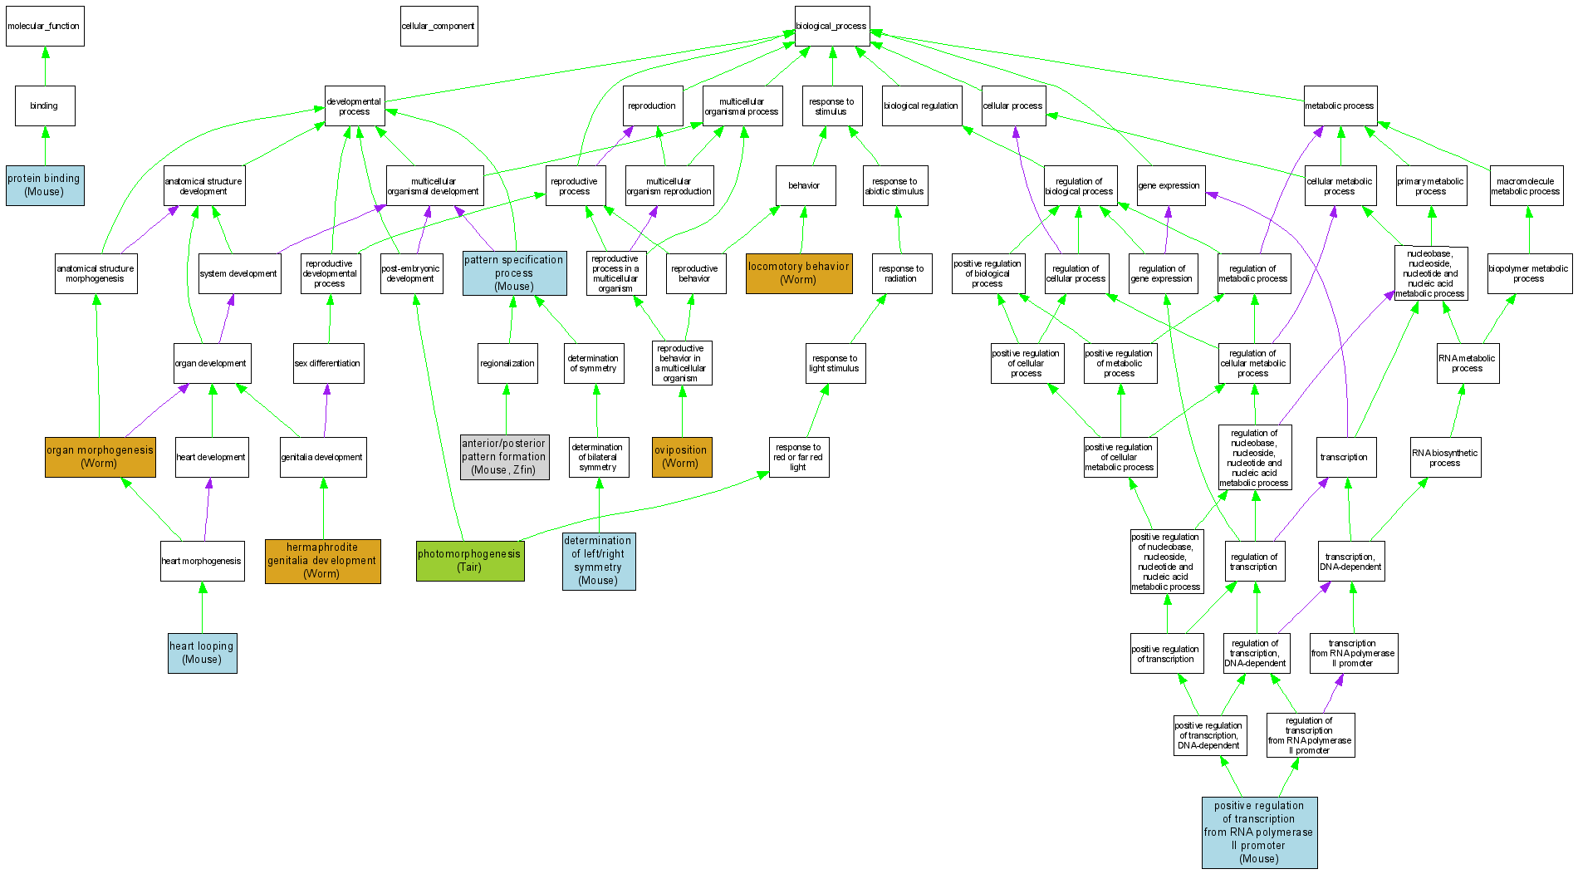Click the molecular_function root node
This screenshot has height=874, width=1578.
coord(45,26)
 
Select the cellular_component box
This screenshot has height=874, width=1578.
coord(439,26)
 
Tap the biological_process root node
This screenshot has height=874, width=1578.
coord(831,26)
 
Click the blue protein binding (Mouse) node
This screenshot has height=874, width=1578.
coord(45,184)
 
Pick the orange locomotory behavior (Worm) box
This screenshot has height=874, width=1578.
coord(799,273)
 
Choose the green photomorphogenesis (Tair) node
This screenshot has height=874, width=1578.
coord(470,561)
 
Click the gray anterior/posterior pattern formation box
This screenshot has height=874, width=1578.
coord(504,457)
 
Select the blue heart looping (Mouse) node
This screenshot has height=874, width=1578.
coord(202,653)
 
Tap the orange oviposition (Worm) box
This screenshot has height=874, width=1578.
coord(681,457)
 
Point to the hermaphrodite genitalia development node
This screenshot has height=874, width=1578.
coord(322,561)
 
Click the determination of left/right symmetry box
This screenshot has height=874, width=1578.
coord(598,561)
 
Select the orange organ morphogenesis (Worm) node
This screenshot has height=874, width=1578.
coord(100,457)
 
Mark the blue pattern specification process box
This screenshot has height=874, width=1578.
coord(514,273)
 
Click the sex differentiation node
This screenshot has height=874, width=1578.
coord(328,363)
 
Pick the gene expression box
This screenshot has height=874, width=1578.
coord(1169,185)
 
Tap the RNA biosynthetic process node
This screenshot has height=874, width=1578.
coord(1445,458)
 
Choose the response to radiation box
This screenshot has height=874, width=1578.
coord(901,273)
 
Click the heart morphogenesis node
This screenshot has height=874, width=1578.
coord(202,561)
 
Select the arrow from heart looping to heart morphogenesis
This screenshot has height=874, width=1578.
coord(202,606)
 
